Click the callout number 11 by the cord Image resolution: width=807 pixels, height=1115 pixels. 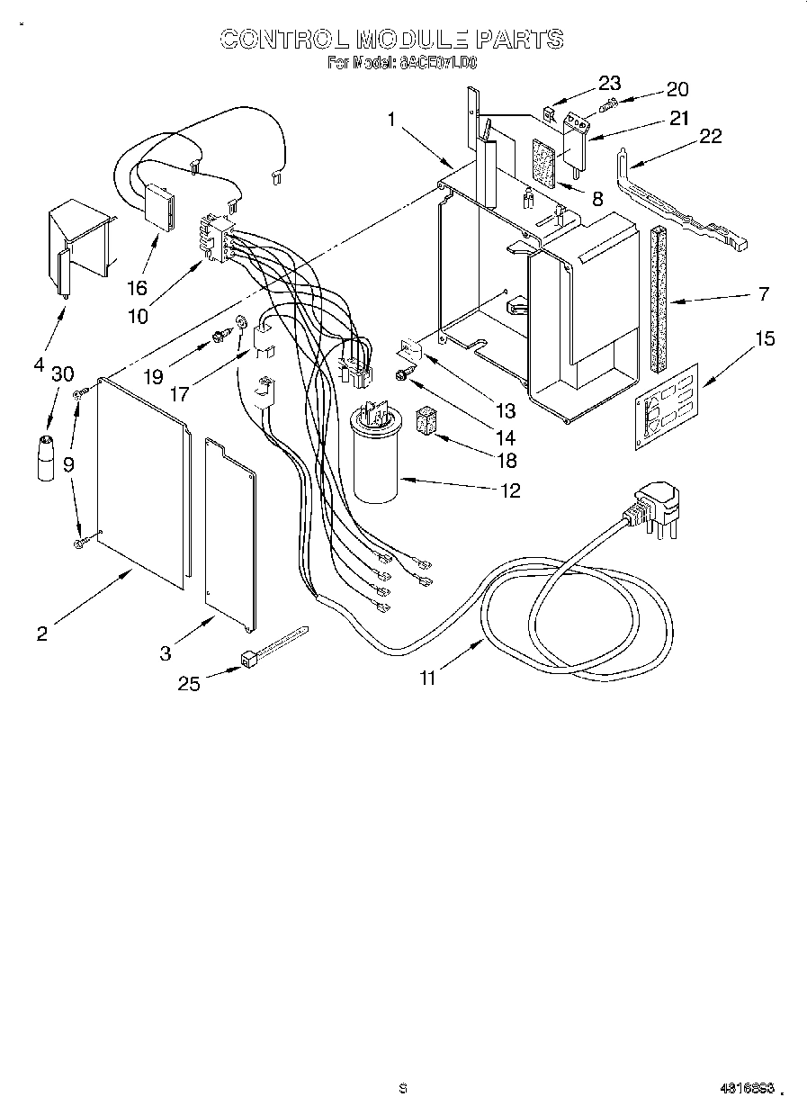click(428, 678)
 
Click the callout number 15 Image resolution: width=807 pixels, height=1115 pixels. click(765, 339)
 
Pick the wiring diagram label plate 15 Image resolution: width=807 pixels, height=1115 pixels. click(667, 400)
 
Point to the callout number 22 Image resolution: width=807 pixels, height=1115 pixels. click(711, 135)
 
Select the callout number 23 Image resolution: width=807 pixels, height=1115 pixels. click(609, 83)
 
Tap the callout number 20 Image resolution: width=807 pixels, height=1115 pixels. click(677, 88)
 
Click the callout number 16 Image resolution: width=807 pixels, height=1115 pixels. click(136, 288)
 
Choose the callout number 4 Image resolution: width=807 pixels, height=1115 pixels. click(39, 364)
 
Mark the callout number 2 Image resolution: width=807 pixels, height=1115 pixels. click(41, 633)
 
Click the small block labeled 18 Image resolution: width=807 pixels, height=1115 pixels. click(426, 421)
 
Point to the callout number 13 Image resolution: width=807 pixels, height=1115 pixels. click(506, 411)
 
